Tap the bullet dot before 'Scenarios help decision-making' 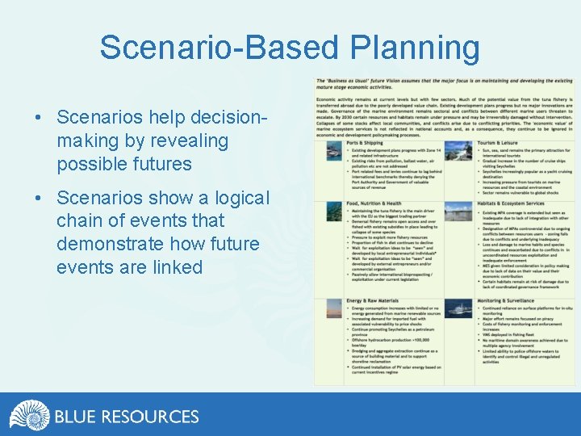pos(39,118)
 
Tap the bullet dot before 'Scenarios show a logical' pos(39,199)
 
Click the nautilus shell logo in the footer pos(29,415)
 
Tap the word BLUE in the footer pos(76,417)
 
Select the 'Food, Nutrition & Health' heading pos(373,204)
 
